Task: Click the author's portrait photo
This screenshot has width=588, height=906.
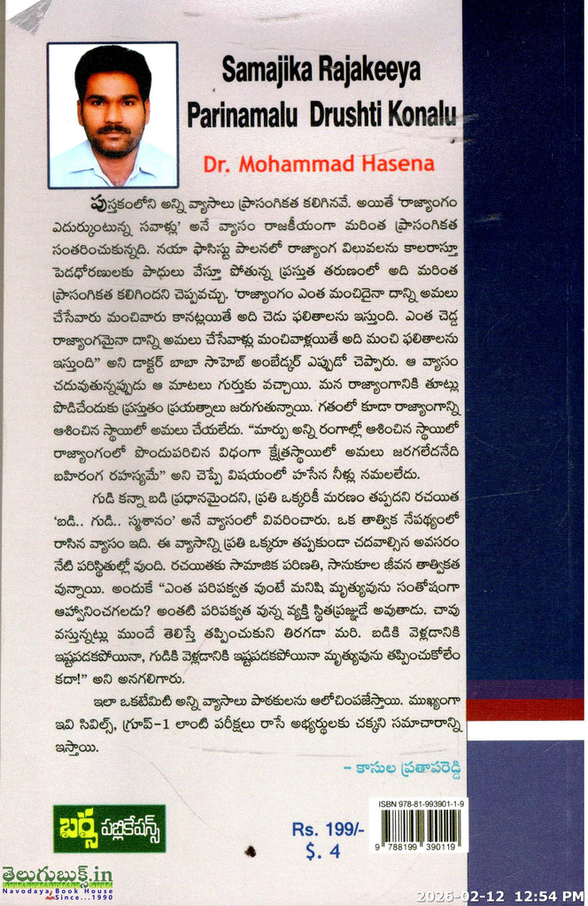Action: (112, 115)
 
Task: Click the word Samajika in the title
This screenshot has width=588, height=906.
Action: (262, 73)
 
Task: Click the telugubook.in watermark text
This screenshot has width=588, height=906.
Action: (57, 876)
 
